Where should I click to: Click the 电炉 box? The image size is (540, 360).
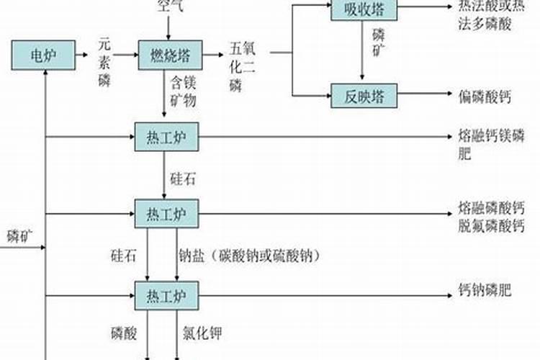(x=42, y=55)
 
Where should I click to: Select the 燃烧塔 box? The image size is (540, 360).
(x=170, y=55)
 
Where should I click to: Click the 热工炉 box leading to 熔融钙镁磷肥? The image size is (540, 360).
(x=166, y=137)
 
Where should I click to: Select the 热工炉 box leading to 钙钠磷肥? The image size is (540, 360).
(x=166, y=294)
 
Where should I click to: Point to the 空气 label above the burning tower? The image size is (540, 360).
(x=170, y=6)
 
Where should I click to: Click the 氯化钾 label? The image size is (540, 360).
(x=201, y=333)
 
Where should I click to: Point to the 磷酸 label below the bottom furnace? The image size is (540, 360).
(x=123, y=333)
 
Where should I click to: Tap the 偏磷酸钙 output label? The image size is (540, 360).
(x=484, y=96)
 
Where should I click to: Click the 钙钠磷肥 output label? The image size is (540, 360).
(x=484, y=292)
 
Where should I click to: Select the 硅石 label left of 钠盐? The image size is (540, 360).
(x=123, y=255)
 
